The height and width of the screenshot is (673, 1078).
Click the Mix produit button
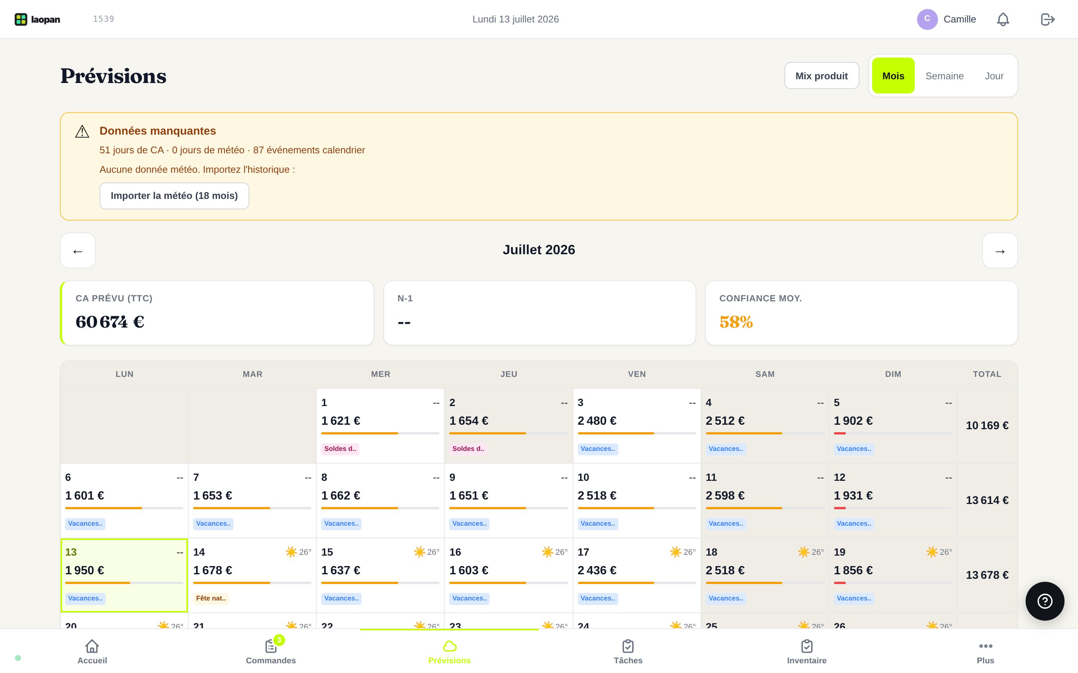pyautogui.click(x=822, y=76)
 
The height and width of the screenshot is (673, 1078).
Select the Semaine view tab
pyautogui.click(x=944, y=76)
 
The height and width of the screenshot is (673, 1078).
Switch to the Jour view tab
pyautogui.click(x=994, y=76)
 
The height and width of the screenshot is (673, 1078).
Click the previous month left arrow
pyautogui.click(x=78, y=251)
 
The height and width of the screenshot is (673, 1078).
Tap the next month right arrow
pyautogui.click(x=1000, y=251)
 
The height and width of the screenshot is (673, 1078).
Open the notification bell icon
pyautogui.click(x=1003, y=19)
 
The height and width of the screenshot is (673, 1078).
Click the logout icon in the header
pyautogui.click(x=1047, y=19)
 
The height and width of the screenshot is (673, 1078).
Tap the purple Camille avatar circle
pyautogui.click(x=927, y=19)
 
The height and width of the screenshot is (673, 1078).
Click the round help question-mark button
pyautogui.click(x=1045, y=601)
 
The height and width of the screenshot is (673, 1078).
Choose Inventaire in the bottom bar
pyautogui.click(x=807, y=651)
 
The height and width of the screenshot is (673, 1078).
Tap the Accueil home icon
pyautogui.click(x=92, y=646)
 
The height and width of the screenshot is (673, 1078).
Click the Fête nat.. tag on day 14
pyautogui.click(x=211, y=598)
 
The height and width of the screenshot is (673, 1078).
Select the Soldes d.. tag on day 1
pyautogui.click(x=340, y=449)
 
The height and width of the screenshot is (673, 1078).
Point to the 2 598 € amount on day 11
pyautogui.click(x=725, y=495)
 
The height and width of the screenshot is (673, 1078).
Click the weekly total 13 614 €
pyautogui.click(x=987, y=500)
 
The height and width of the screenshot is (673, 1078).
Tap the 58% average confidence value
pyautogui.click(x=736, y=322)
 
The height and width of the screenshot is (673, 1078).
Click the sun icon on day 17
pyautogui.click(x=675, y=552)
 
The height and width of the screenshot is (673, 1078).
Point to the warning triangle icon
pyautogui.click(x=82, y=131)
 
